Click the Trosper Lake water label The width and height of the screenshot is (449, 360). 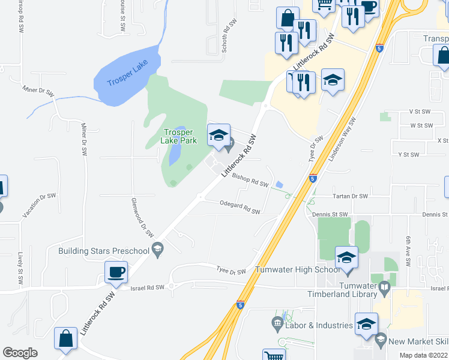pyautogui.click(x=127, y=74)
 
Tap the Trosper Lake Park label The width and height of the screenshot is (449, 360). pyautogui.click(x=179, y=137)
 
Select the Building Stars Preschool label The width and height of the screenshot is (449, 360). pyautogui.click(x=104, y=250)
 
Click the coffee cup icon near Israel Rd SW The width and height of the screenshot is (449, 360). pyautogui.click(x=116, y=272)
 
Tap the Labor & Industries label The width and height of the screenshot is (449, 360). pyautogui.click(x=319, y=325)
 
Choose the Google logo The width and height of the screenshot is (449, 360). pyautogui.click(x=20, y=352)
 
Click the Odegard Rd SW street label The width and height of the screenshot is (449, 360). pyautogui.click(x=240, y=208)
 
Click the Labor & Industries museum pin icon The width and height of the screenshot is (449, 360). pyautogui.click(x=277, y=324)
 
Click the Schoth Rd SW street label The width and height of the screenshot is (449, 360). pyautogui.click(x=231, y=37)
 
